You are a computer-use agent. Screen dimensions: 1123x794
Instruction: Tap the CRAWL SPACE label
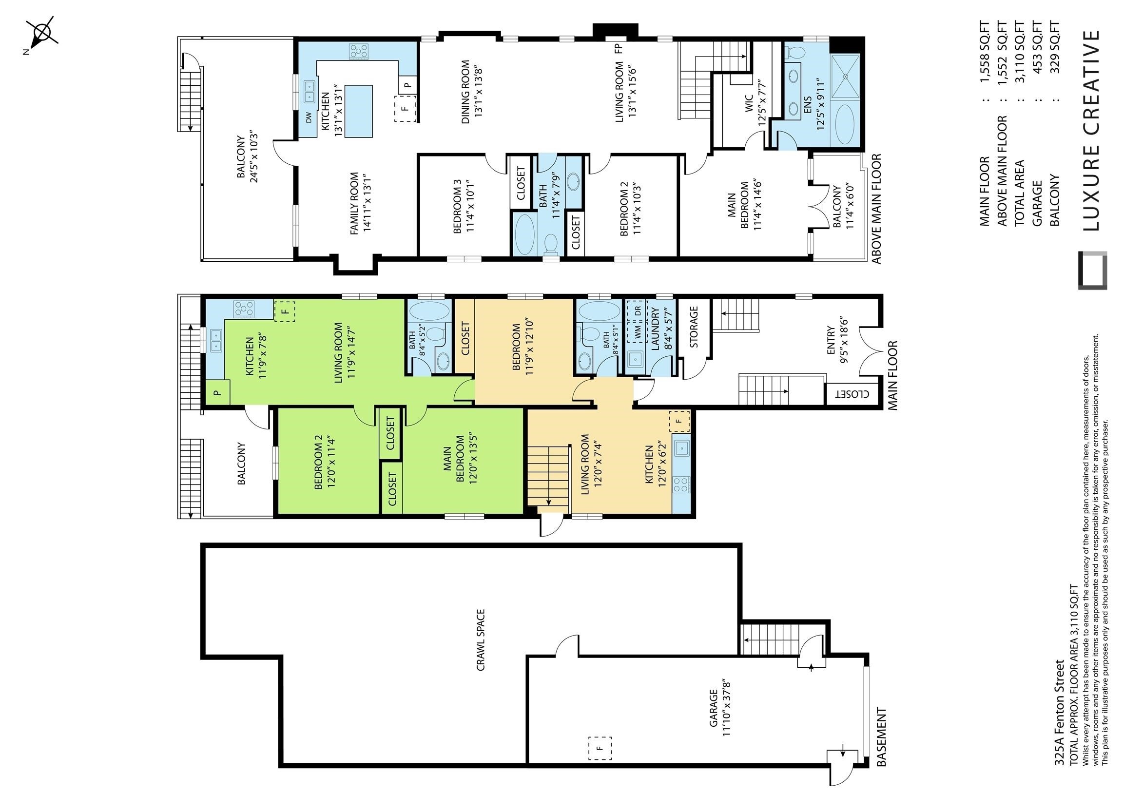click(x=480, y=639)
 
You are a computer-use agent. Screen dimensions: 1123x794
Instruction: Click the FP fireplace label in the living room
click(x=618, y=48)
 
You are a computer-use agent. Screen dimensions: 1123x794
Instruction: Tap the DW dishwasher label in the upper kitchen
click(x=309, y=118)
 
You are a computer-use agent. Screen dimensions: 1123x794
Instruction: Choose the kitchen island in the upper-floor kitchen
click(x=359, y=111)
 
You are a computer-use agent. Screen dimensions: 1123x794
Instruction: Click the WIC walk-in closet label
click(x=749, y=107)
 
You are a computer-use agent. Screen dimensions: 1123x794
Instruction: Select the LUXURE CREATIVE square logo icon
click(x=1093, y=271)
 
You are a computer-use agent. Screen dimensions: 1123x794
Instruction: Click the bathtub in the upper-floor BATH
click(x=525, y=234)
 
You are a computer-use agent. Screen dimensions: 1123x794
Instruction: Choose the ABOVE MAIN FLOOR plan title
click(x=876, y=209)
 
